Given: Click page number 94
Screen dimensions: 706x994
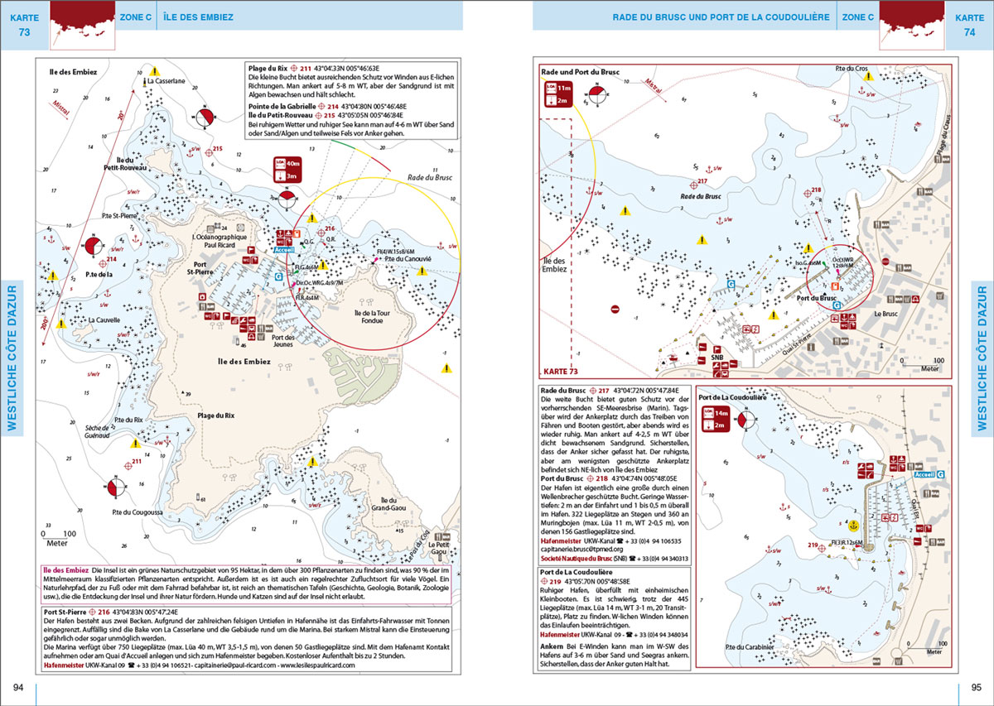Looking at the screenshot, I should click(x=18, y=688).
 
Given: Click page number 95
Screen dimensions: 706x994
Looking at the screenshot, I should click(x=976, y=688).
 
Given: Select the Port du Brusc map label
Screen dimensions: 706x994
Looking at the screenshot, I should click(x=816, y=297).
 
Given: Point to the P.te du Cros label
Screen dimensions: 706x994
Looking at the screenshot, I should click(x=852, y=67).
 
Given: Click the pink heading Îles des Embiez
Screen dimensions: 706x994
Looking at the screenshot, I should click(x=65, y=572).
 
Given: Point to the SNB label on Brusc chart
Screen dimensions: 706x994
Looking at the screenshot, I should click(x=717, y=358).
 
